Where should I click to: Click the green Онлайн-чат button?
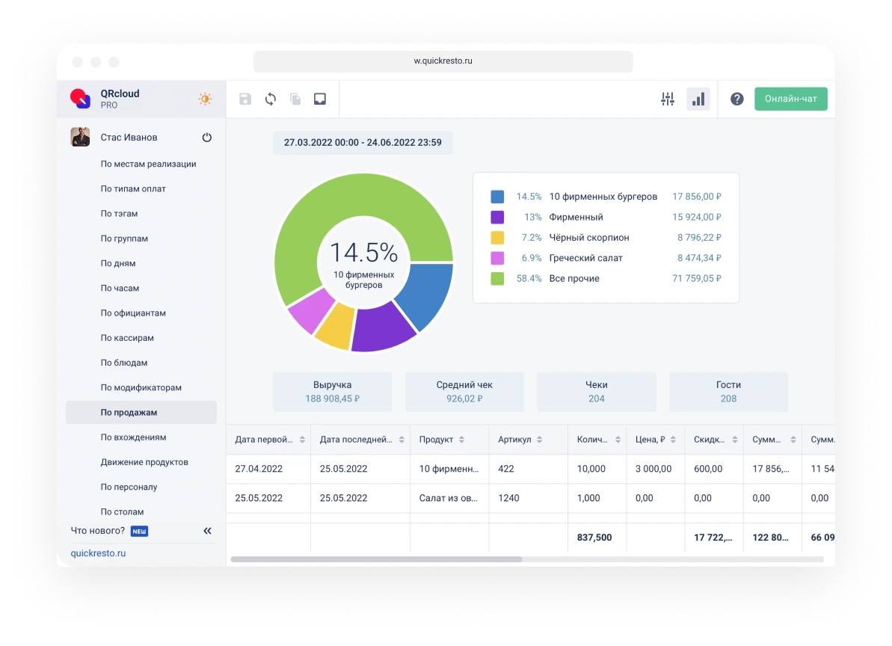point(790,99)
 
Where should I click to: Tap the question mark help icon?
point(736,99)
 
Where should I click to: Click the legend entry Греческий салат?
point(585,258)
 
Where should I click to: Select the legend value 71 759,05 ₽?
point(696,278)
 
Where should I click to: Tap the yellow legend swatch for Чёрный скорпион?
point(497,238)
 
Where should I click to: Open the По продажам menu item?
point(129,412)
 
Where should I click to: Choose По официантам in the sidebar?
point(133,313)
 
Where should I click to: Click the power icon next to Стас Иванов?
point(207,138)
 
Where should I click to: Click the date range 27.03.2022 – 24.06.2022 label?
point(363,142)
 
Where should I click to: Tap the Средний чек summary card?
point(464,392)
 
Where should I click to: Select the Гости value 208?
point(728,399)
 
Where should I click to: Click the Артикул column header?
point(514,440)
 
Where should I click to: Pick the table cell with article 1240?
point(508,498)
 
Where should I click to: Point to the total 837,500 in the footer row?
point(595,538)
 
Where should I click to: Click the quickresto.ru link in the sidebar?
point(98,553)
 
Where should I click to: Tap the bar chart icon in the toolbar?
point(698,99)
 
